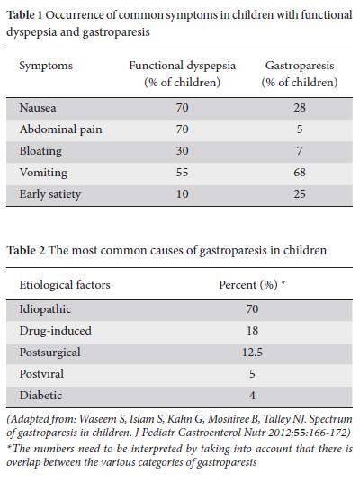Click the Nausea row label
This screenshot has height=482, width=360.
pos(38,108)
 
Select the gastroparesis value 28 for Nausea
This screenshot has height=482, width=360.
pos(300,108)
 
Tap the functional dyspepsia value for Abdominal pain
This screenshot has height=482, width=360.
pos(182,129)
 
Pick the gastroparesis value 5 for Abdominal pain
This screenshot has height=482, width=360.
pos(300,129)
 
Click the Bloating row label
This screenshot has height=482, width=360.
pos(40,151)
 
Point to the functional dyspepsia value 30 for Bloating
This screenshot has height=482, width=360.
pos(182,151)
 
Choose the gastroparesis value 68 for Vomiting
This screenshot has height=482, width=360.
pos(300,173)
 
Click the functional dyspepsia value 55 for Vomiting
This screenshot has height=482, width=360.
pos(182,173)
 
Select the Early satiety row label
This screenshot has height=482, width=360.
pos(50,194)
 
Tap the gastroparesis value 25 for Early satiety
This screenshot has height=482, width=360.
pos(300,194)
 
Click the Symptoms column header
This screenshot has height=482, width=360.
pos(46,66)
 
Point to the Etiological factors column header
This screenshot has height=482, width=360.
pos(65,285)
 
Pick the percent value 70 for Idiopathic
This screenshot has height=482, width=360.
pos(252,309)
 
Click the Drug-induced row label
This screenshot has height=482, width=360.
pos(56,331)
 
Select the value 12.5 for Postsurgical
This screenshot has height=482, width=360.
pos(252,353)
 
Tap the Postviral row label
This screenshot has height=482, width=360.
pos(41,374)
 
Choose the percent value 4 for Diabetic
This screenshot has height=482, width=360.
pos(252,396)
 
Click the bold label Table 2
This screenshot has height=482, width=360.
pos(26,251)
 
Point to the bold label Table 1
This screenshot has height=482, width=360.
pos(24,14)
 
